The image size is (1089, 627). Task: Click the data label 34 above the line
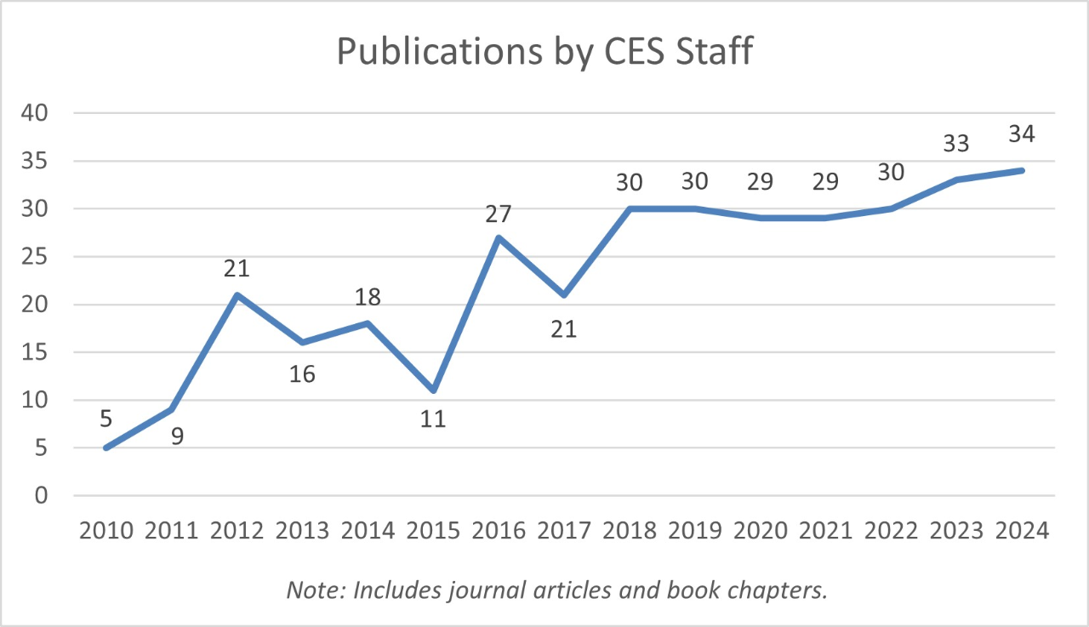[x=1022, y=134]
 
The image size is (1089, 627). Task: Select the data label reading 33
[x=956, y=144]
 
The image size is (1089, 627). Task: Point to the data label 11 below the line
[x=433, y=419]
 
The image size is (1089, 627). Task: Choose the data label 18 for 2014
[x=368, y=297]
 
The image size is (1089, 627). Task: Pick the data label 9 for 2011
[x=177, y=437]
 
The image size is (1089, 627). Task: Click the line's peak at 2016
[x=499, y=237]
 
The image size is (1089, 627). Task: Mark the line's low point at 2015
[x=434, y=390]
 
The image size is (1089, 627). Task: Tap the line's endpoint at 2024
[x=1023, y=170]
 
